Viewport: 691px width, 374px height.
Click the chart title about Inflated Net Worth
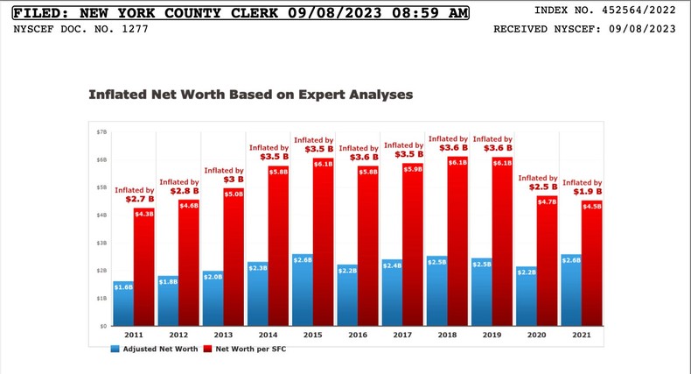coord(250,93)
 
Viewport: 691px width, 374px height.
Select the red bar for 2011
coord(144,267)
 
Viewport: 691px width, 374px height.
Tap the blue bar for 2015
coord(302,289)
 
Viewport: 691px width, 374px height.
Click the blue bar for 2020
coord(526,296)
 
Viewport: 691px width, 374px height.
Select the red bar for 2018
coord(457,241)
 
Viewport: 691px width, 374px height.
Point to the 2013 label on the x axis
coord(223,335)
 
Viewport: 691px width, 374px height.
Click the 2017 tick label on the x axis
coord(402,335)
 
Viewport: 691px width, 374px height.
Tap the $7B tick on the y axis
coord(101,131)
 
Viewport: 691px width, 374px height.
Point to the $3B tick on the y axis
coord(101,243)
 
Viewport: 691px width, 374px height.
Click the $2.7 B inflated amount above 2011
coord(135,200)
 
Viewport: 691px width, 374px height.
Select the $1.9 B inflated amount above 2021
coord(582,192)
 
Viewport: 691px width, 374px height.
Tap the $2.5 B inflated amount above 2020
coord(537,187)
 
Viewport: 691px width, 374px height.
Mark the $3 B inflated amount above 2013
coord(225,180)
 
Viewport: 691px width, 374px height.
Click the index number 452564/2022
coord(640,12)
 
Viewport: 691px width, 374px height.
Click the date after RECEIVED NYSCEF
coord(644,29)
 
